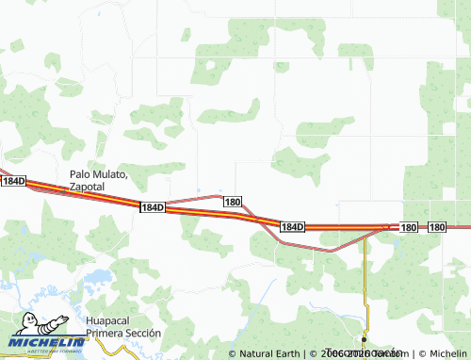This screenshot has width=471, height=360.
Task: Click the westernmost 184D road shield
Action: click(x=12, y=180)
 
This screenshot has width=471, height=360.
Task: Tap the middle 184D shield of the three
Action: click(x=152, y=206)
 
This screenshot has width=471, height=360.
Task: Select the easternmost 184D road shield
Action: click(x=293, y=227)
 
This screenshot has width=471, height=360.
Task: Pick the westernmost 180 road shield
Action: click(x=233, y=202)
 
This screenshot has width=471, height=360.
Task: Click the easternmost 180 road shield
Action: click(x=437, y=227)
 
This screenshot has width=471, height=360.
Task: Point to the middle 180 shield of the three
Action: click(x=408, y=227)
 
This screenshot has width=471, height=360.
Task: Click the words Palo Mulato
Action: click(x=98, y=174)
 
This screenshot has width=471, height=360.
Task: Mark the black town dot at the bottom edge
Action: click(x=364, y=339)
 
